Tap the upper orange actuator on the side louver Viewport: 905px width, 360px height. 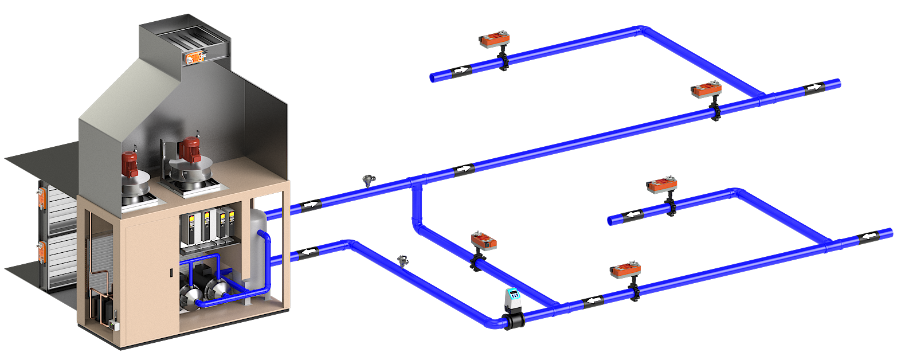(42, 197)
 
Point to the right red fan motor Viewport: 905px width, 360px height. (189, 150)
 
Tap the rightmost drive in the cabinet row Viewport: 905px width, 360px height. (231, 224)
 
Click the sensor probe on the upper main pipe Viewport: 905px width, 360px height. (368, 181)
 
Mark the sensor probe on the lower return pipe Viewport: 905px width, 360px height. (402, 260)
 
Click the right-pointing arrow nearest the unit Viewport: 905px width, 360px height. (310, 205)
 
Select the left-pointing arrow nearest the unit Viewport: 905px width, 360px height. (309, 252)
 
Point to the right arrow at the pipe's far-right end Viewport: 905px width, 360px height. (813, 88)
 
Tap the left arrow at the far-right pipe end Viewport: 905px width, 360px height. (870, 236)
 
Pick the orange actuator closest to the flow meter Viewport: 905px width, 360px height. (484, 240)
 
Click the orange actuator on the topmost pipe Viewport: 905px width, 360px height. (495, 40)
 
